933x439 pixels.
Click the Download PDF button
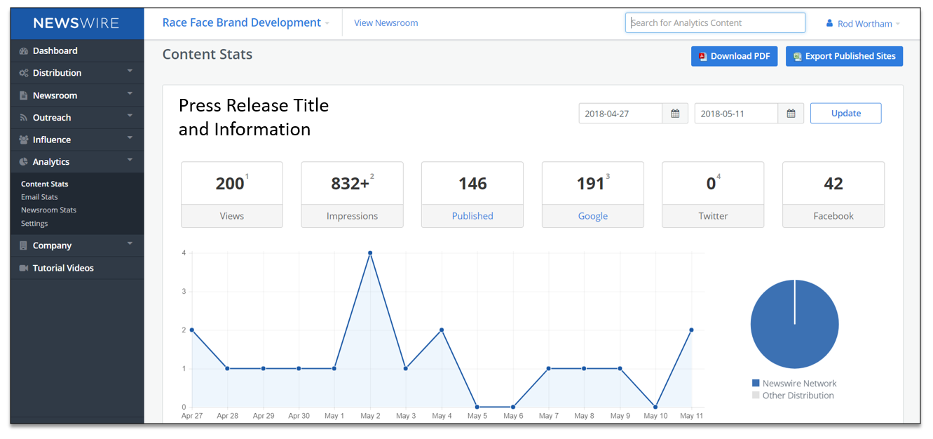click(734, 56)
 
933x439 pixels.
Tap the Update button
click(845, 114)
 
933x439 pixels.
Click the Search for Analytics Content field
click(715, 23)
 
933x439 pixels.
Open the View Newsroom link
click(386, 23)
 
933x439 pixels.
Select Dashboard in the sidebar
click(55, 50)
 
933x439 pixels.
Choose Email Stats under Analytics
click(39, 196)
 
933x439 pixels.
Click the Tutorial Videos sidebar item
click(63, 268)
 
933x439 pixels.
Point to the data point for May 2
click(370, 253)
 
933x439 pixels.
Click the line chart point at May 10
click(655, 407)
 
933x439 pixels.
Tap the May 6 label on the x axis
click(512, 416)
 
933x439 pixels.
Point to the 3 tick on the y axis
click(184, 292)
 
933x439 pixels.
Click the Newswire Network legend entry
click(794, 383)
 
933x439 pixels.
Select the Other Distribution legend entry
click(793, 396)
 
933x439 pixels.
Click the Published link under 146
click(472, 216)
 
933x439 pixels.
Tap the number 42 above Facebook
click(833, 183)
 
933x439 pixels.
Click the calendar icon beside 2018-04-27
click(675, 114)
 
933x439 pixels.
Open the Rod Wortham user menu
click(863, 24)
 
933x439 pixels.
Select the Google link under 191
click(593, 216)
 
